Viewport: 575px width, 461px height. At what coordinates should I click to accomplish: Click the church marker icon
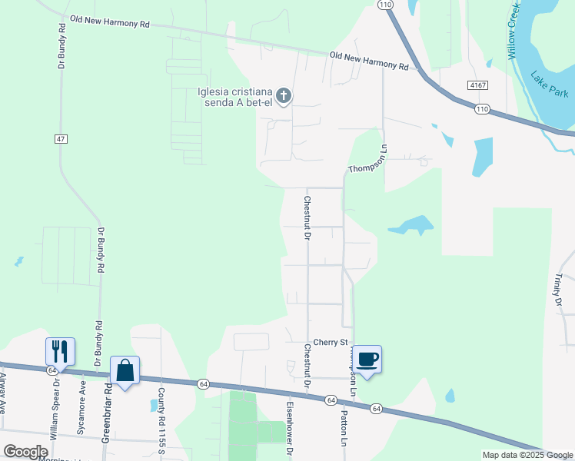[x=284, y=97]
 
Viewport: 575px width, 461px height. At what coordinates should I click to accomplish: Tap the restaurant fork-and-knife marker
[x=60, y=352]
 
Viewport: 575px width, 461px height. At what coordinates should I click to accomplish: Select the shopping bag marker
[x=125, y=370]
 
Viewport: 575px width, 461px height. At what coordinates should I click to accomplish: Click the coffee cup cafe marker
[x=367, y=359]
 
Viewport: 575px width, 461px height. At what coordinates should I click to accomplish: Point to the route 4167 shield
[x=477, y=85]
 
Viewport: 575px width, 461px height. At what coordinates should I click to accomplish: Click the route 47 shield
[x=60, y=139]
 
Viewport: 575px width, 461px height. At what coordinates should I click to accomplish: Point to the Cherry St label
[x=331, y=343]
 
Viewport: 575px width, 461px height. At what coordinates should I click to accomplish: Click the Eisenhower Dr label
[x=291, y=429]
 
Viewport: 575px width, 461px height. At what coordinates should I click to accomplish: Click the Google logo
[x=25, y=451]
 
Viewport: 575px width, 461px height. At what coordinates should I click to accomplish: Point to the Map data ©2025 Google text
[x=527, y=455]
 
